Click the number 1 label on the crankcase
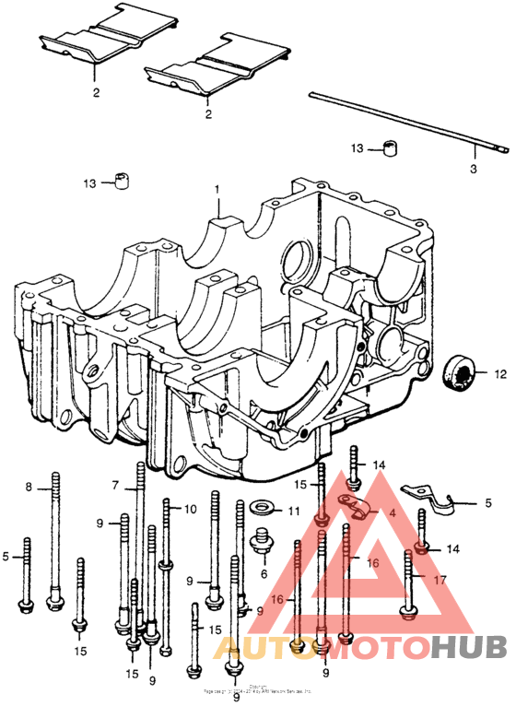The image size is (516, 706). coord(218,189)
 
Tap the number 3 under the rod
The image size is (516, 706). coord(474,170)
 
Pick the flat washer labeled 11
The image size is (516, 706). coord(261,508)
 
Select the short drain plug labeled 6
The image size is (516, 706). coord(261,544)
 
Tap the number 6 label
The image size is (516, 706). coord(264,573)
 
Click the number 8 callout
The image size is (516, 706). coord(29,487)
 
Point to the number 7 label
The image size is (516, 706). coord(116,485)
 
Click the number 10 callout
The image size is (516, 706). coord(189,509)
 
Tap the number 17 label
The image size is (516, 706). coord(440,580)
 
